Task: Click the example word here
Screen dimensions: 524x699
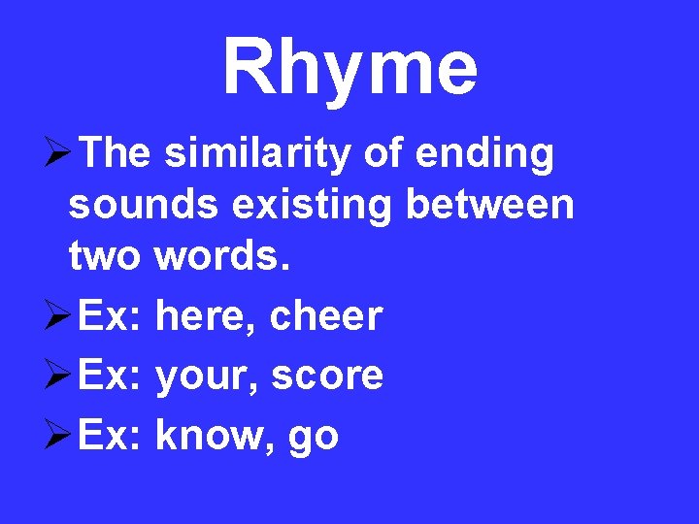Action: [x=205, y=316]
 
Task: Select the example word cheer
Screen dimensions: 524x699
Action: [x=326, y=316]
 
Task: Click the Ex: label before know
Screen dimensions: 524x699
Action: [x=111, y=435]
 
